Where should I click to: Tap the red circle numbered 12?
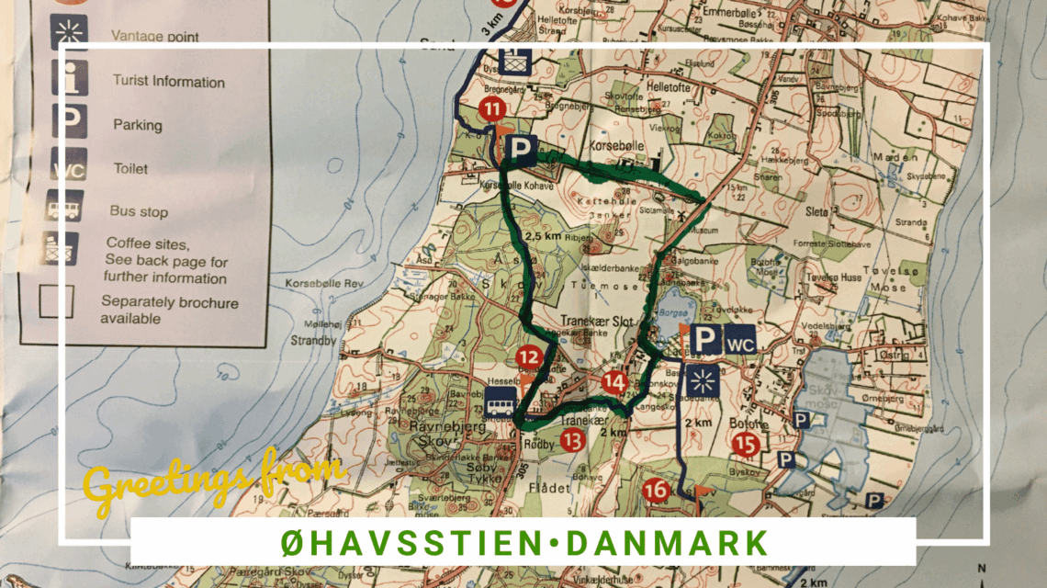[528, 357]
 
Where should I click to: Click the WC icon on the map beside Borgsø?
[740, 339]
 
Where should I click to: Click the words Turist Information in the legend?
[168, 82]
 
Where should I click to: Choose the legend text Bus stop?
[139, 211]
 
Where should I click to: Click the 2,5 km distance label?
[541, 235]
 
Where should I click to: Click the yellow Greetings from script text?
[213, 476]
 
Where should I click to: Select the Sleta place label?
[816, 210]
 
